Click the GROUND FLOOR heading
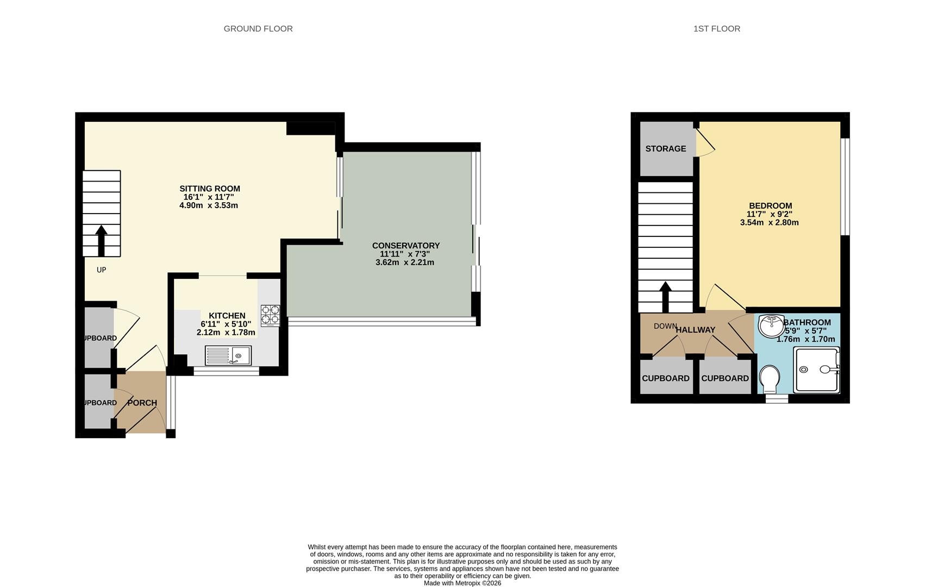(x=258, y=29)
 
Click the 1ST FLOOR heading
(x=716, y=29)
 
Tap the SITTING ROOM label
(x=210, y=189)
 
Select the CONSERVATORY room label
(x=405, y=246)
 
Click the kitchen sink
(x=228, y=355)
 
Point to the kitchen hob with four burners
(x=270, y=315)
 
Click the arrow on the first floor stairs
(x=665, y=296)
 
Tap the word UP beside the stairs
(x=101, y=270)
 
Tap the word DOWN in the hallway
(x=665, y=326)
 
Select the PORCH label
(x=142, y=403)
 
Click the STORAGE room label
(x=665, y=149)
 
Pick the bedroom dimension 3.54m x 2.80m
(x=769, y=222)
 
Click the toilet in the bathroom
(x=769, y=378)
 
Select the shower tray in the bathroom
(x=816, y=370)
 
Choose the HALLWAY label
(x=695, y=330)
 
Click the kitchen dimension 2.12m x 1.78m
(x=226, y=332)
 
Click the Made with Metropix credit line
(x=462, y=583)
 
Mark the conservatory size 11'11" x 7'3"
(x=404, y=254)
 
